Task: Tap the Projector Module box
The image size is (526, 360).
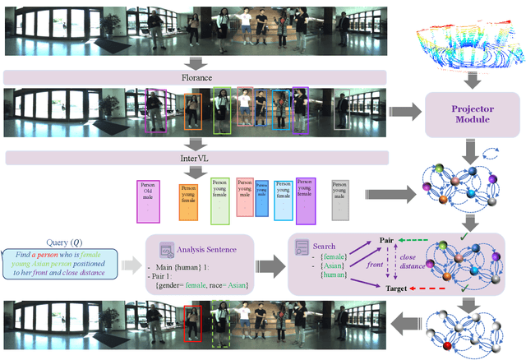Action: point(467,113)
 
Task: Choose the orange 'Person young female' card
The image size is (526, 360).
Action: point(188,201)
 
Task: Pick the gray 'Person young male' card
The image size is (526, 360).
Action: point(341,200)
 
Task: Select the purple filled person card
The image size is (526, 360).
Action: point(306,201)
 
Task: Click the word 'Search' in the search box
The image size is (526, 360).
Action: point(325,245)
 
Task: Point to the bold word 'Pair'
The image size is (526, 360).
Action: point(388,240)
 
